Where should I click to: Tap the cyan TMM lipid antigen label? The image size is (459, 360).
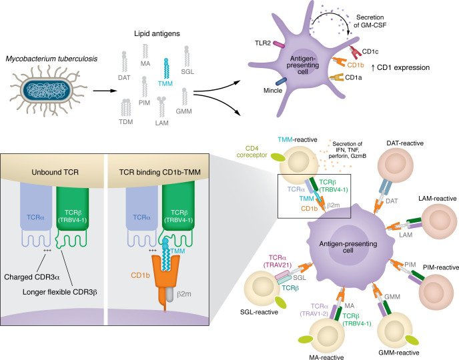coord(165,83)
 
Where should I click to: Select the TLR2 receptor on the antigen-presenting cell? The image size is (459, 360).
coord(279,45)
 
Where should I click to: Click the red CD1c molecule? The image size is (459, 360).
coord(355,52)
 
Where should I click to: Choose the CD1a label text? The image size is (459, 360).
coord(354,77)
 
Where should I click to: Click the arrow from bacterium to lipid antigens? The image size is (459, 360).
coord(105,91)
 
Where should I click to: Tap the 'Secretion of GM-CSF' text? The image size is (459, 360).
coord(370,21)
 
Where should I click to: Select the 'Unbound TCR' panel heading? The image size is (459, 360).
coord(55,172)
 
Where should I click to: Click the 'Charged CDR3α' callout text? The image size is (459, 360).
coord(32,277)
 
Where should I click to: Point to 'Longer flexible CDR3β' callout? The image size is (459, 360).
coord(60,292)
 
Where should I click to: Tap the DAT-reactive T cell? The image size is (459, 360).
coord(396,165)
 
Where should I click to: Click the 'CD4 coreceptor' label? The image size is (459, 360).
coord(252,152)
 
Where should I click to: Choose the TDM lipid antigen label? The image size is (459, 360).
coord(126,121)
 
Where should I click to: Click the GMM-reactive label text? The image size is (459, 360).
coord(399,353)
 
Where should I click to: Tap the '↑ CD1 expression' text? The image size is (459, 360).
coord(400,67)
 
